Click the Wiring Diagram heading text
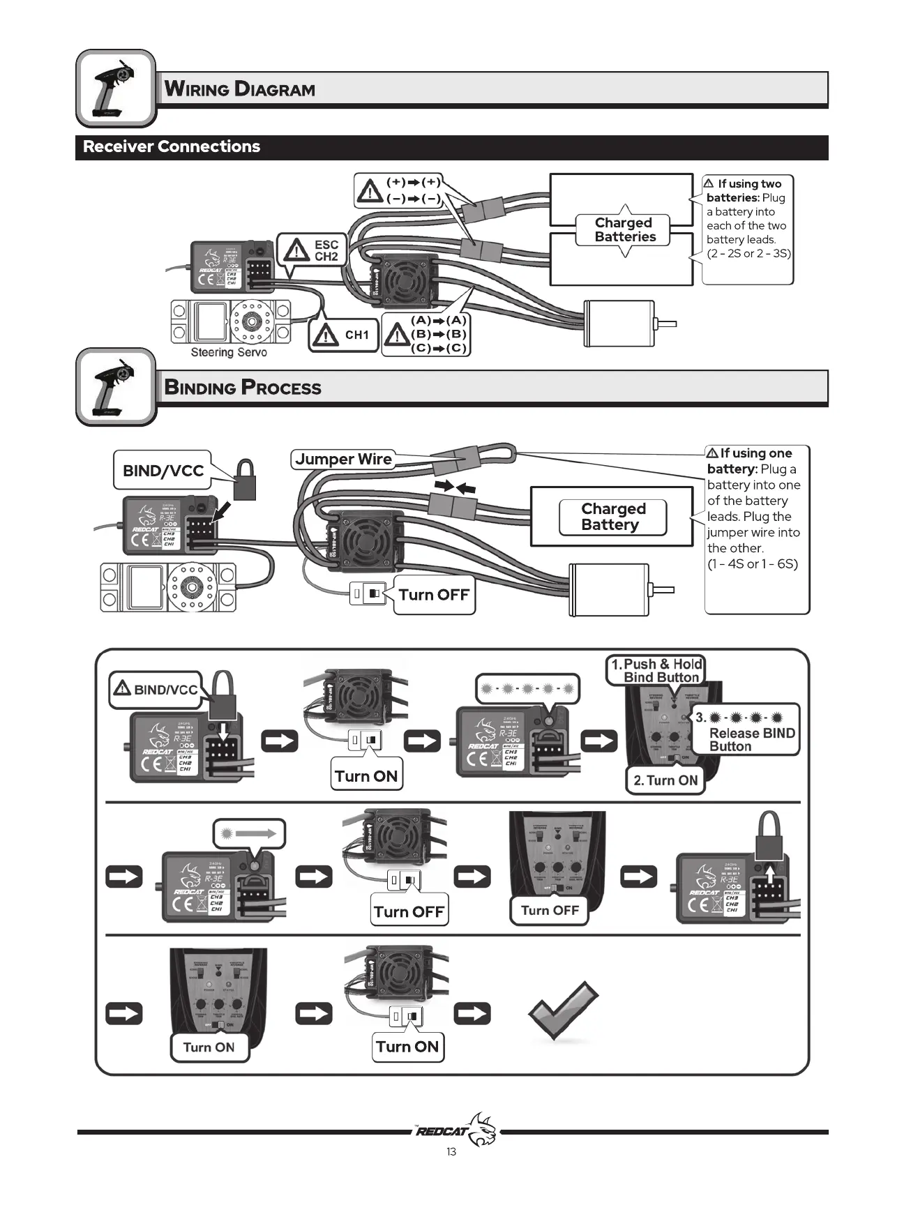tap(239, 89)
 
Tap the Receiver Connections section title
tap(172, 146)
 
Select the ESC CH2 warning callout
tap(312, 251)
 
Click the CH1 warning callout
tap(343, 335)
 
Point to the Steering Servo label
tap(229, 353)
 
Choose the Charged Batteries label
tap(624, 230)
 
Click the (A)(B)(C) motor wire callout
tap(426, 335)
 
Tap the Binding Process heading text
tap(243, 388)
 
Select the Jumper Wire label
tap(343, 460)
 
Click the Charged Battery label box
tap(612, 517)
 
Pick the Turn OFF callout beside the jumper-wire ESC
tap(434, 595)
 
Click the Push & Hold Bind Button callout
tap(656, 671)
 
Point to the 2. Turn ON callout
tap(665, 780)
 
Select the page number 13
tap(451, 1152)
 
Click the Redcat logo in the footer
tap(457, 1130)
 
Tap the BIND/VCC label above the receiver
tap(163, 471)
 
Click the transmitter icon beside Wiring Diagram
tap(116, 89)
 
